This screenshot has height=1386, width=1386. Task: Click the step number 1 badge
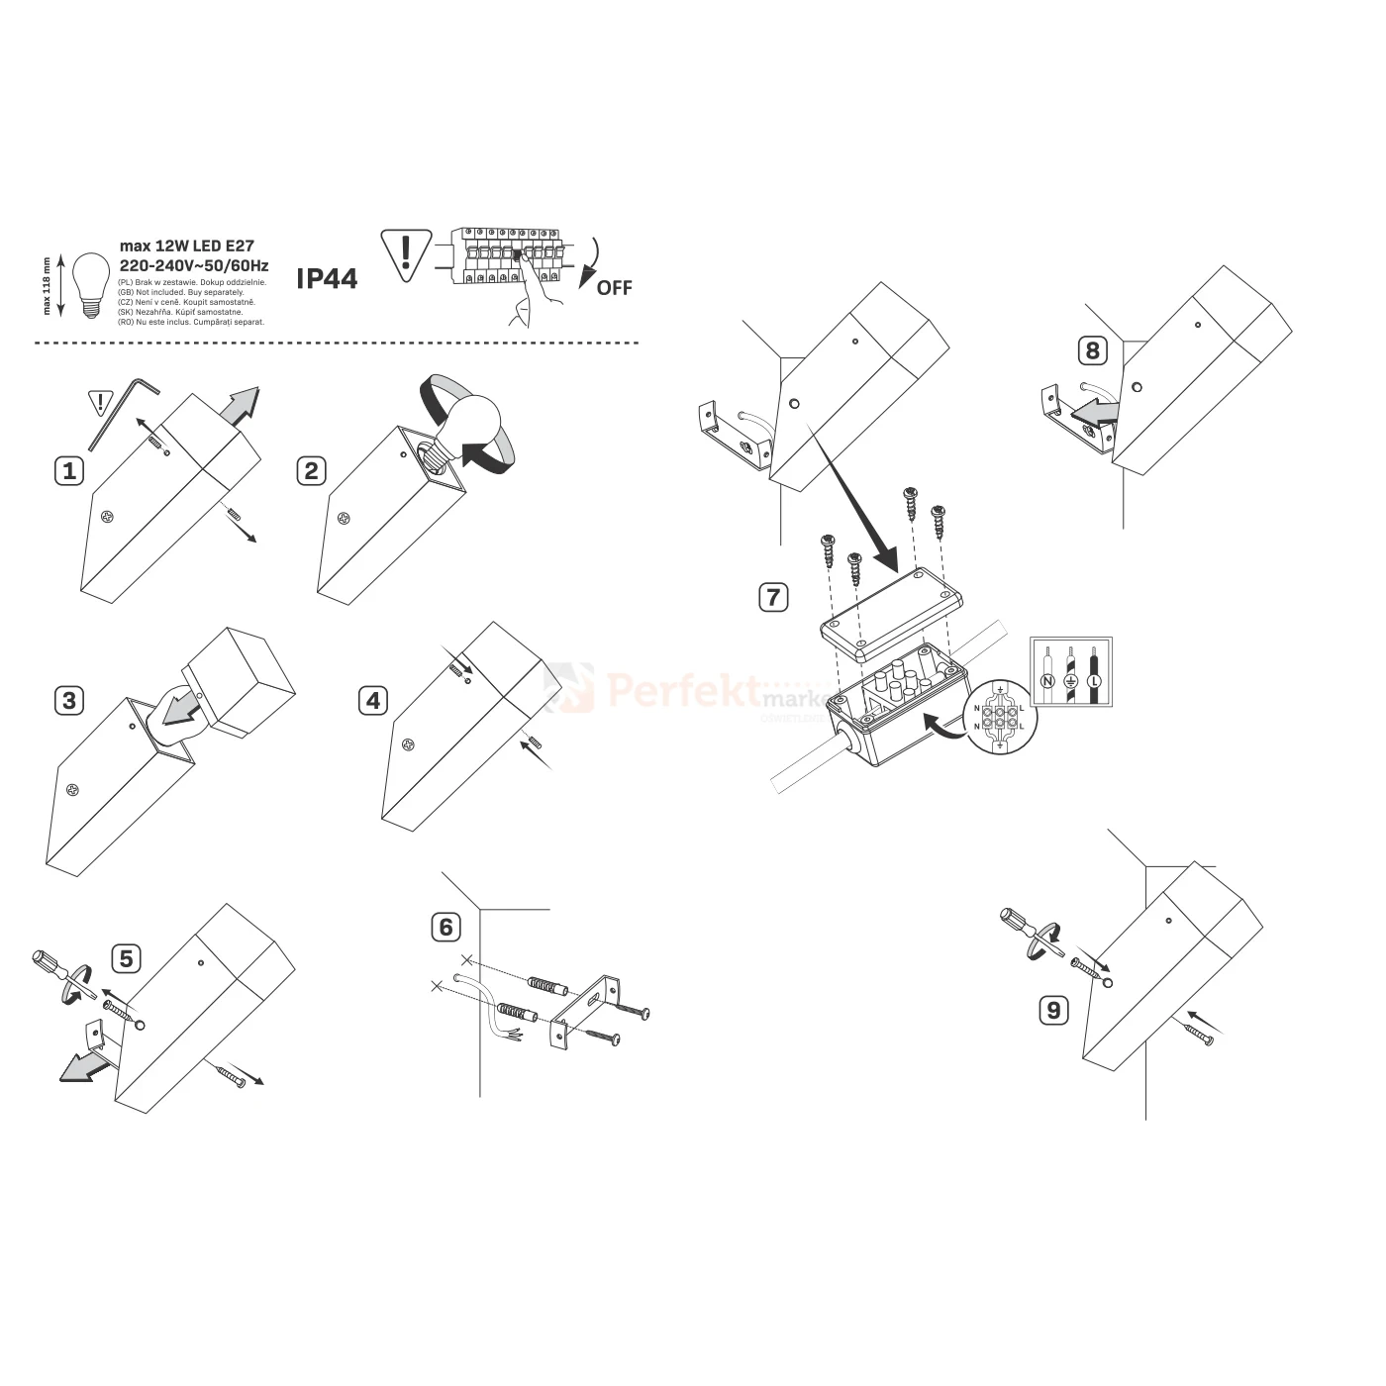[69, 470]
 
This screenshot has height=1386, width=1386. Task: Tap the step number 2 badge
[312, 470]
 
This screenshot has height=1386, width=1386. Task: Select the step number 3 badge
[68, 701]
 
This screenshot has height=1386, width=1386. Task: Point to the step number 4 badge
[373, 701]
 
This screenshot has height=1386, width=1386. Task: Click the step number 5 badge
[126, 958]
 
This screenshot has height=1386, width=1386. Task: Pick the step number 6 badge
[446, 927]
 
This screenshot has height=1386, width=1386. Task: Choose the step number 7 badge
[773, 597]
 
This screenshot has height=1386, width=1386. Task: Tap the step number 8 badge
[1092, 350]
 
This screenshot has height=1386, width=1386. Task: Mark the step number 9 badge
[1053, 1010]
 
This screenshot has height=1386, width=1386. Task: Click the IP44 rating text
[327, 279]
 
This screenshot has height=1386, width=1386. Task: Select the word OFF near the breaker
[614, 288]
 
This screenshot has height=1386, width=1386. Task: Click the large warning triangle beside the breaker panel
[405, 251]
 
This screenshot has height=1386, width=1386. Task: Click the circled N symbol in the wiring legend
[1046, 681]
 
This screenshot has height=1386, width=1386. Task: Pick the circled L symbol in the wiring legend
[1094, 681]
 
